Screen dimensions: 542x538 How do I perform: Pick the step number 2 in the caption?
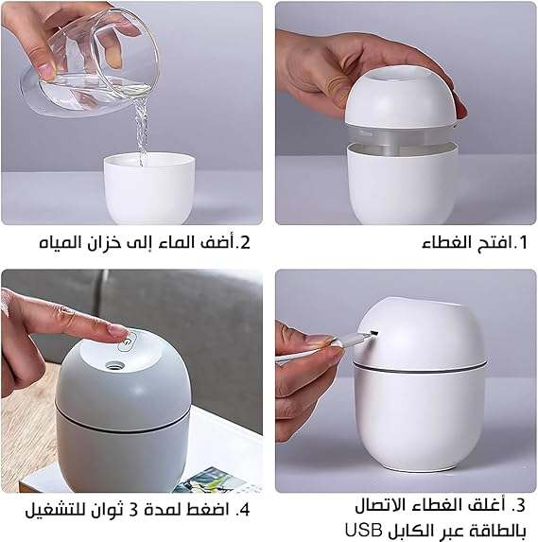(245, 242)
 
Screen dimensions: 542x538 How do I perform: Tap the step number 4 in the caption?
(245, 512)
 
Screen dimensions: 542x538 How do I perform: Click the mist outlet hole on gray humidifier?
(115, 362)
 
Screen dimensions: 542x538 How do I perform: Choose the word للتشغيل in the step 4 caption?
(57, 512)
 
